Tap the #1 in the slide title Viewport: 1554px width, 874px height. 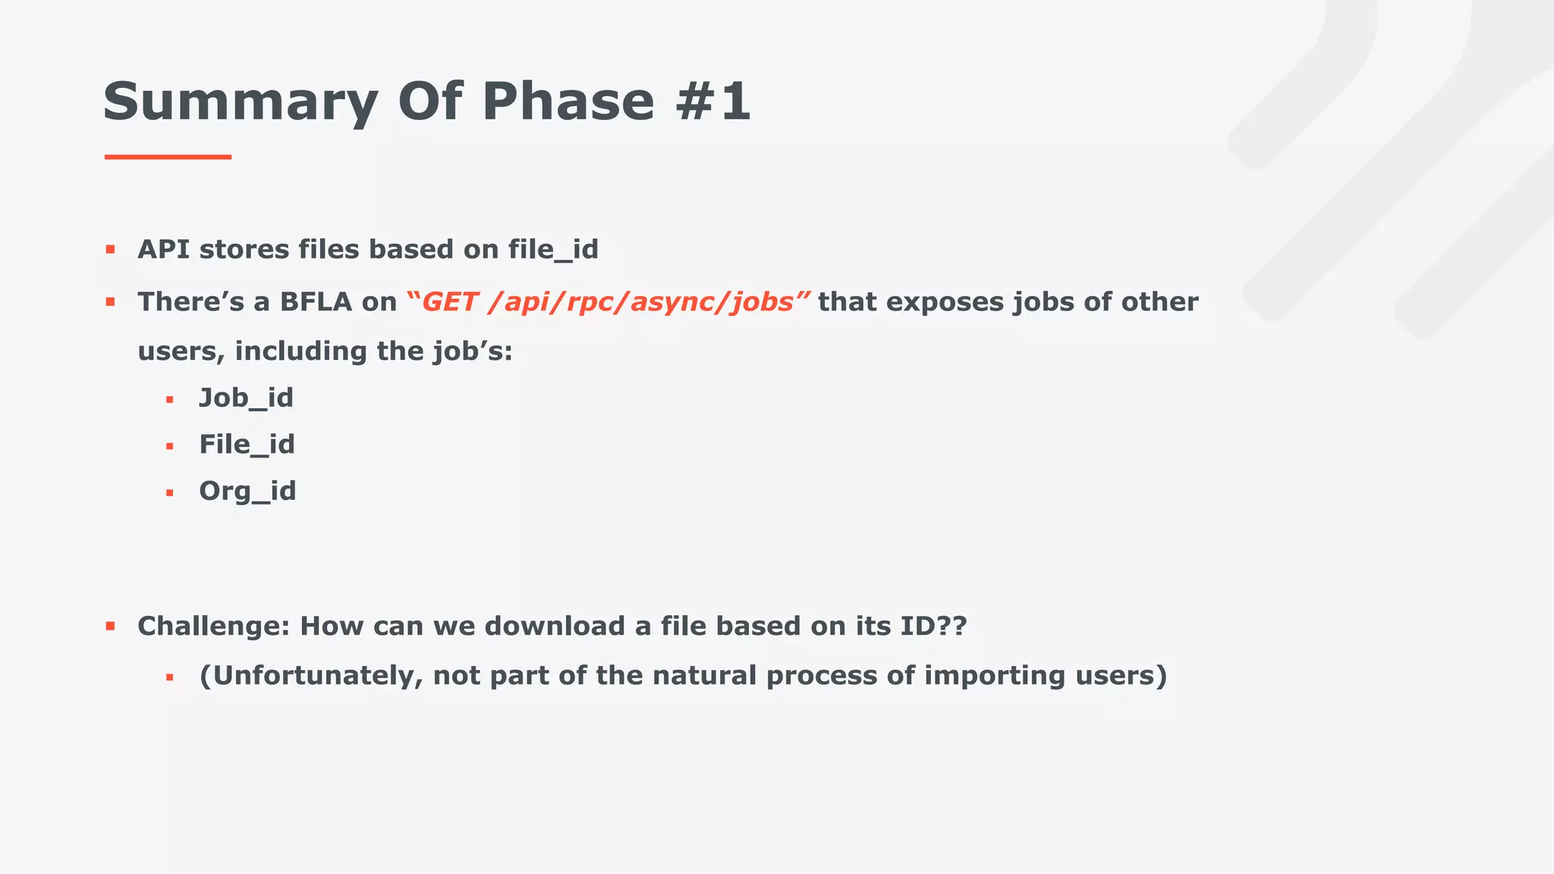click(713, 101)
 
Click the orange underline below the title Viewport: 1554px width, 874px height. click(168, 157)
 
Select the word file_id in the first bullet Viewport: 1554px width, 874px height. click(553, 250)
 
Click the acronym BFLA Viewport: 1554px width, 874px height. click(316, 302)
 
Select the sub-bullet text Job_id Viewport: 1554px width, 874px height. click(246, 398)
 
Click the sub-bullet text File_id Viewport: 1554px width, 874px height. click(247, 445)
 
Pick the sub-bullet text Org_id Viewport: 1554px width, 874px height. click(247, 492)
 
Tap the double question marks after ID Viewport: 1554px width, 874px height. click(952, 627)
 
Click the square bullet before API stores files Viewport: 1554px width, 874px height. click(110, 249)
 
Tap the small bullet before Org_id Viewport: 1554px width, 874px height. click(170, 493)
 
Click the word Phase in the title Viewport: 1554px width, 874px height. click(568, 101)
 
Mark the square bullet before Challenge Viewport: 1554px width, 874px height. click(110, 627)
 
